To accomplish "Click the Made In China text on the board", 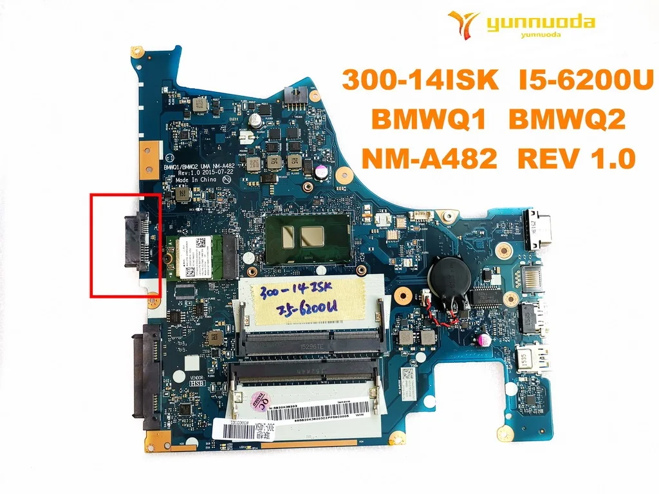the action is click(196, 179).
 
